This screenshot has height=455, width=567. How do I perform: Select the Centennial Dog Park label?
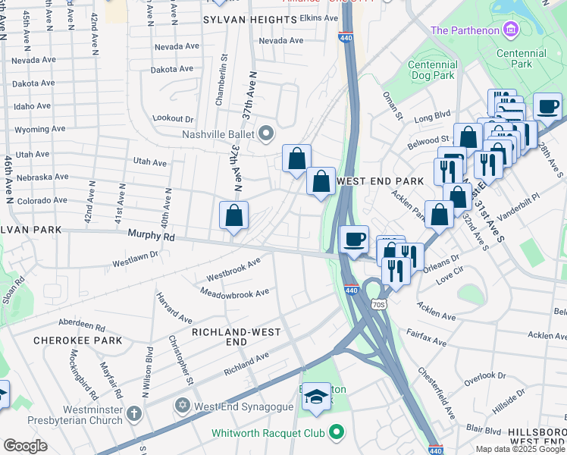click(x=431, y=71)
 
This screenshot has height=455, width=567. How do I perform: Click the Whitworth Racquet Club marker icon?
click(x=336, y=434)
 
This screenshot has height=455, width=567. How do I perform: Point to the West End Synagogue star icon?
click(x=182, y=406)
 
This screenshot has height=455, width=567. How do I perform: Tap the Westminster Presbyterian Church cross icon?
click(x=134, y=413)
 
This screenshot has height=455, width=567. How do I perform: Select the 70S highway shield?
click(x=379, y=304)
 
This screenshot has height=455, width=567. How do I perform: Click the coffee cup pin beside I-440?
click(x=354, y=240)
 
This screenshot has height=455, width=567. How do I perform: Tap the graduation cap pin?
click(x=316, y=397)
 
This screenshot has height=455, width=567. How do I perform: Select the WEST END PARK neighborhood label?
click(x=380, y=181)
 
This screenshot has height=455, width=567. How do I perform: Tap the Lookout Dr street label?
click(x=173, y=119)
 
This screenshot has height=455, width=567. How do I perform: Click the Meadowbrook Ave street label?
click(x=234, y=292)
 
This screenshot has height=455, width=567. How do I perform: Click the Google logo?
click(x=26, y=446)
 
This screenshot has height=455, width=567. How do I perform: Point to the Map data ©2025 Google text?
click(x=520, y=449)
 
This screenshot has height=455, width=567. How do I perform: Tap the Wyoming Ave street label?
click(x=32, y=130)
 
